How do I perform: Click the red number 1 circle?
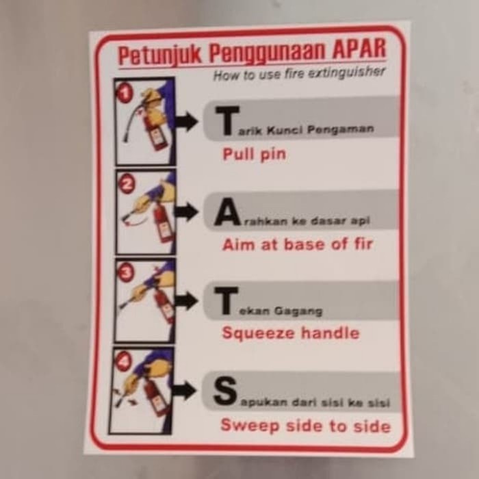click(x=125, y=93)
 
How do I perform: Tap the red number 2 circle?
click(x=127, y=183)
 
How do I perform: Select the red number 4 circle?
click(x=123, y=361)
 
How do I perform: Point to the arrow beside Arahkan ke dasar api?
click(x=186, y=211)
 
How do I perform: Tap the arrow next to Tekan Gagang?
click(x=185, y=301)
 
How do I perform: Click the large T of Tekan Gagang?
click(x=226, y=302)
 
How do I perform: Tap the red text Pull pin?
click(x=254, y=155)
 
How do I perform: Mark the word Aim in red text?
click(x=237, y=244)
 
